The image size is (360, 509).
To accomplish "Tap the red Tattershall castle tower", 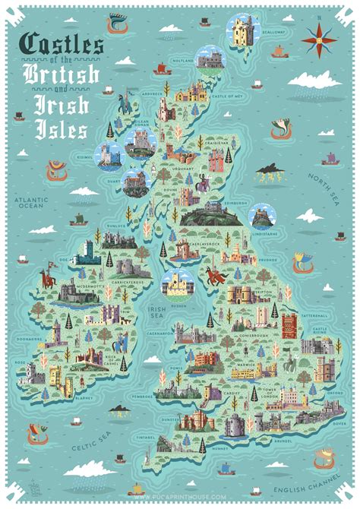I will (x=290, y=325).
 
